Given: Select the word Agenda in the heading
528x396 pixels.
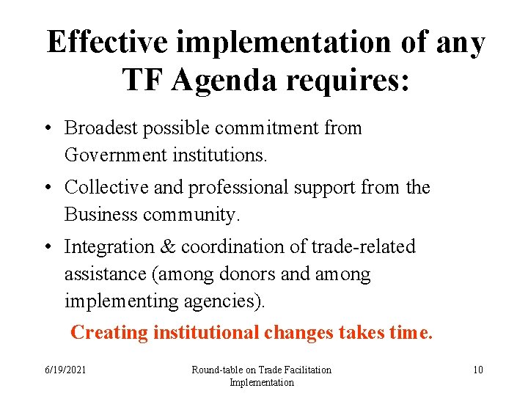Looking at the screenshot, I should point(230,80).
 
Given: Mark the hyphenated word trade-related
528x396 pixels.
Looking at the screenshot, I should point(363,246).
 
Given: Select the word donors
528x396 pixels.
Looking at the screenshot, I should point(244,274).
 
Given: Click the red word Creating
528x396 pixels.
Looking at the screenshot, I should point(109,332).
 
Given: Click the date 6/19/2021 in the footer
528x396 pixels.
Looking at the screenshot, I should point(65,370).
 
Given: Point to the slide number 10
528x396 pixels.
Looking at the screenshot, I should point(477,370).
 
